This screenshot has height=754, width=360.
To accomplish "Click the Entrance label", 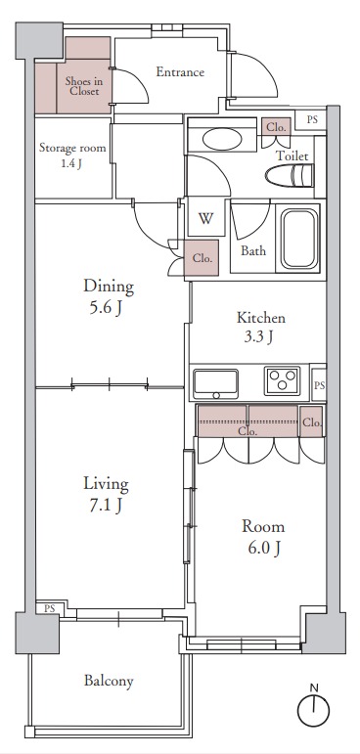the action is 180,72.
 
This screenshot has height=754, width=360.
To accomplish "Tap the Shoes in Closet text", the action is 84,86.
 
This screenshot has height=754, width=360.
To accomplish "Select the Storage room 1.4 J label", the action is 72,155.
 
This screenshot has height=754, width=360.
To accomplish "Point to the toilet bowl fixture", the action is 290,175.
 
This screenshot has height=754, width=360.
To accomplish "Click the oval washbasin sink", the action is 222,140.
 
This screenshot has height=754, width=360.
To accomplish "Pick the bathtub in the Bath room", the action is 300,239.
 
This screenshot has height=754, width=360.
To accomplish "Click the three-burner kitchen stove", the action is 282,380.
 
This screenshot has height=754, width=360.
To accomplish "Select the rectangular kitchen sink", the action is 215,383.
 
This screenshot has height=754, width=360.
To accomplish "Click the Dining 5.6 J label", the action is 109,295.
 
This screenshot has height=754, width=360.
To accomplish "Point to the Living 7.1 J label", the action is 107,493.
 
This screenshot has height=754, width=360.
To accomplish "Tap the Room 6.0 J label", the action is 263,537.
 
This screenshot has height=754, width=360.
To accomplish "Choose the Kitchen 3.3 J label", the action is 261,327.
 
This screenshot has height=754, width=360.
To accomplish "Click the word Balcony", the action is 109,681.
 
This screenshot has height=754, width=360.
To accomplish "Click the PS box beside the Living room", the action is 49,608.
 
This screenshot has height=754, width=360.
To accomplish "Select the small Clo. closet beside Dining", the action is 202,258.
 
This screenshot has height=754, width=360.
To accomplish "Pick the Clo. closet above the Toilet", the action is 277,127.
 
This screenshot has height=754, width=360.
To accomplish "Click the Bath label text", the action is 253,250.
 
